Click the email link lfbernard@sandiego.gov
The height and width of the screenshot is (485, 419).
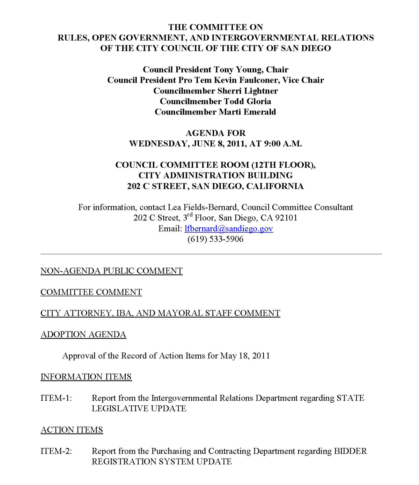pyautogui.click(x=229, y=229)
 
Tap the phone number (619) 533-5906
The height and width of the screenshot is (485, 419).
pyautogui.click(x=215, y=239)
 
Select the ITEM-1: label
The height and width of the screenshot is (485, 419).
pyautogui.click(x=56, y=398)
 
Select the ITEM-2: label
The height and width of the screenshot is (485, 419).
pyautogui.click(x=56, y=451)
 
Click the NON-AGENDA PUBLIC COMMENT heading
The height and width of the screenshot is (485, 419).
pyautogui.click(x=112, y=271)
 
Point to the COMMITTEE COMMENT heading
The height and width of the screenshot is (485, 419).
pyautogui.click(x=91, y=292)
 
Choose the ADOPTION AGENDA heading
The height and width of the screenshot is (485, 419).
pyautogui.click(x=83, y=335)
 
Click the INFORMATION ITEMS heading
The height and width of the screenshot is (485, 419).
pyautogui.click(x=86, y=377)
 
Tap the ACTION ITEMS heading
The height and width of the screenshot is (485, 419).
pyautogui.click(x=72, y=430)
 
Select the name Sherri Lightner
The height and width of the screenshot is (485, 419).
pyautogui.click(x=248, y=91)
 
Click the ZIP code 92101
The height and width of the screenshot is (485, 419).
pyautogui.click(x=286, y=218)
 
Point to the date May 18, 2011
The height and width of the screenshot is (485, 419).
pyautogui.click(x=245, y=356)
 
